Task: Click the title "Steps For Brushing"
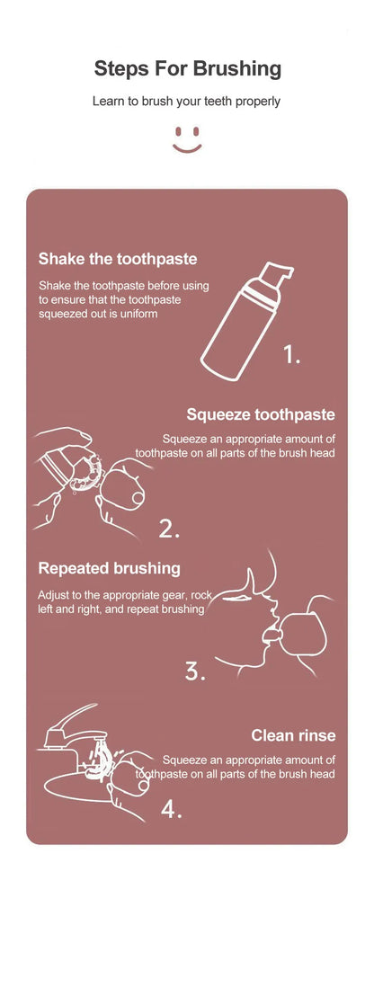[x=187, y=68]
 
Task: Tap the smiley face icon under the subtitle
[x=187, y=138]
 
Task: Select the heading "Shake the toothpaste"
[x=117, y=259]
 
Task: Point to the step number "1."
[x=292, y=355]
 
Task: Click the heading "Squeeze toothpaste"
[x=261, y=414]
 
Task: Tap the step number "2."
[x=170, y=529]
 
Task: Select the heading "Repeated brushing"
[x=109, y=568]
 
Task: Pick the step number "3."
[x=195, y=671]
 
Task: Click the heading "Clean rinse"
[x=293, y=735]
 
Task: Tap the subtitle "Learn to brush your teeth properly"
[x=187, y=102]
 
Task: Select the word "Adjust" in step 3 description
[x=54, y=595]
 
